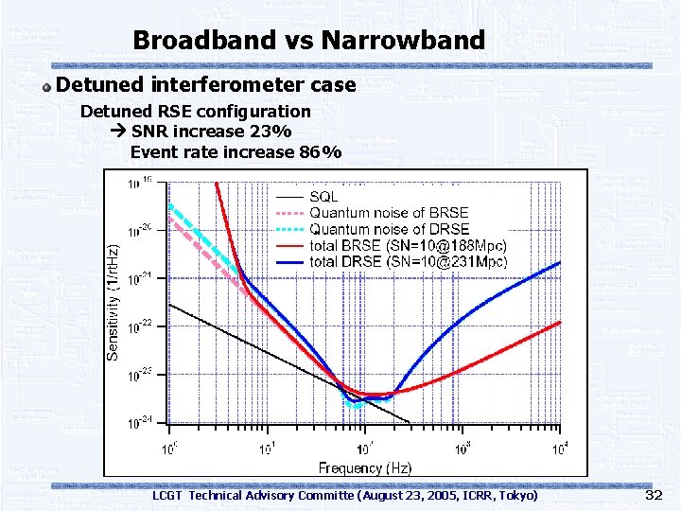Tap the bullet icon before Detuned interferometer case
tap(46, 86)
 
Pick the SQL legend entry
tap(324, 196)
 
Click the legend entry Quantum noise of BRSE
tap(389, 213)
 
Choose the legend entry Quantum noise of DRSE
tap(389, 229)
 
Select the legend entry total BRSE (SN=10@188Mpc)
tap(408, 245)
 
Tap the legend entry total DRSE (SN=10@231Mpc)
tap(408, 261)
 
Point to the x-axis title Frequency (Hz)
tap(365, 467)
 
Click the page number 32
tap(653, 495)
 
